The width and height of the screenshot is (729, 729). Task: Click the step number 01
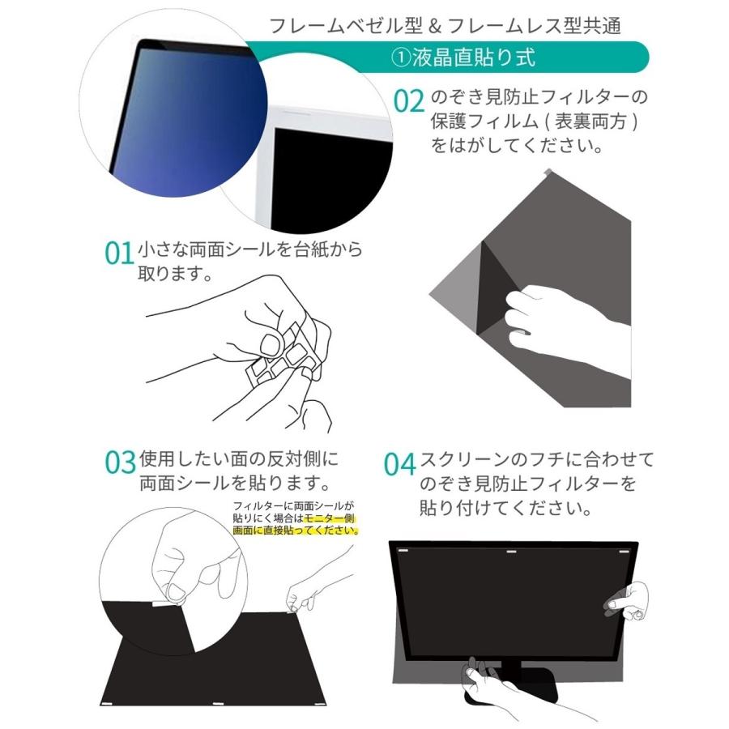[x=118, y=253]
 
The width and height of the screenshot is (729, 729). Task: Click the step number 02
[x=409, y=101]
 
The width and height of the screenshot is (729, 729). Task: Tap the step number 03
[x=120, y=462]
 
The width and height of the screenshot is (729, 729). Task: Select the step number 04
[x=399, y=465]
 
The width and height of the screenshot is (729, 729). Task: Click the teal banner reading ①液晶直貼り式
[x=463, y=58]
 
